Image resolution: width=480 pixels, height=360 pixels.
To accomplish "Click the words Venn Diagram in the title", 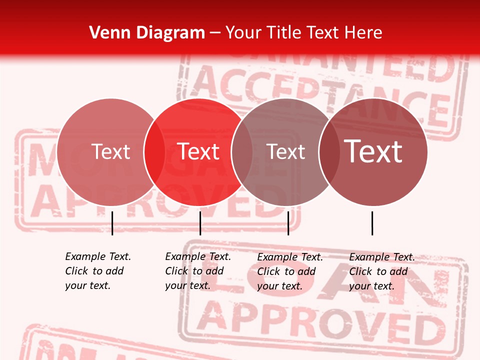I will [x=147, y=33].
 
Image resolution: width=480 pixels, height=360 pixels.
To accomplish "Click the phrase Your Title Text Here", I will [x=303, y=33].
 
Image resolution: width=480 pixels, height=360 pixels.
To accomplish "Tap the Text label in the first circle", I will [x=110, y=151].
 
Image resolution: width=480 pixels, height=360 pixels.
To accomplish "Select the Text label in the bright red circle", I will [x=198, y=151].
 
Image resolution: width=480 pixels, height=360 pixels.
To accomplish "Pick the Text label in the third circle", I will [x=285, y=152].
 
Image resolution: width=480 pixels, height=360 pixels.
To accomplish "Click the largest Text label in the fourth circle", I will [x=373, y=151].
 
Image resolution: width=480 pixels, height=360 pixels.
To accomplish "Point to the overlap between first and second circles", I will [x=154, y=152].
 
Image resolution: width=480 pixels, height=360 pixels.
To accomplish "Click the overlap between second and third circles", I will [x=242, y=152].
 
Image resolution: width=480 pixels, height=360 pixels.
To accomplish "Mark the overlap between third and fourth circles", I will [x=329, y=152].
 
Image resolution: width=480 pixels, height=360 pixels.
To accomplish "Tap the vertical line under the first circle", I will [x=112, y=223].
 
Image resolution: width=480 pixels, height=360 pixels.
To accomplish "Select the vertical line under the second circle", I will [x=200, y=223].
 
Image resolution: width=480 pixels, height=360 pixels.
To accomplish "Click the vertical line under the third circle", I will [x=288, y=223].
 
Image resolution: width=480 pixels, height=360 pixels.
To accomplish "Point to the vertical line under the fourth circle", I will [x=372, y=223].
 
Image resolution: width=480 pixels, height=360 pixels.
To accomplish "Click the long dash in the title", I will [x=215, y=33].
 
